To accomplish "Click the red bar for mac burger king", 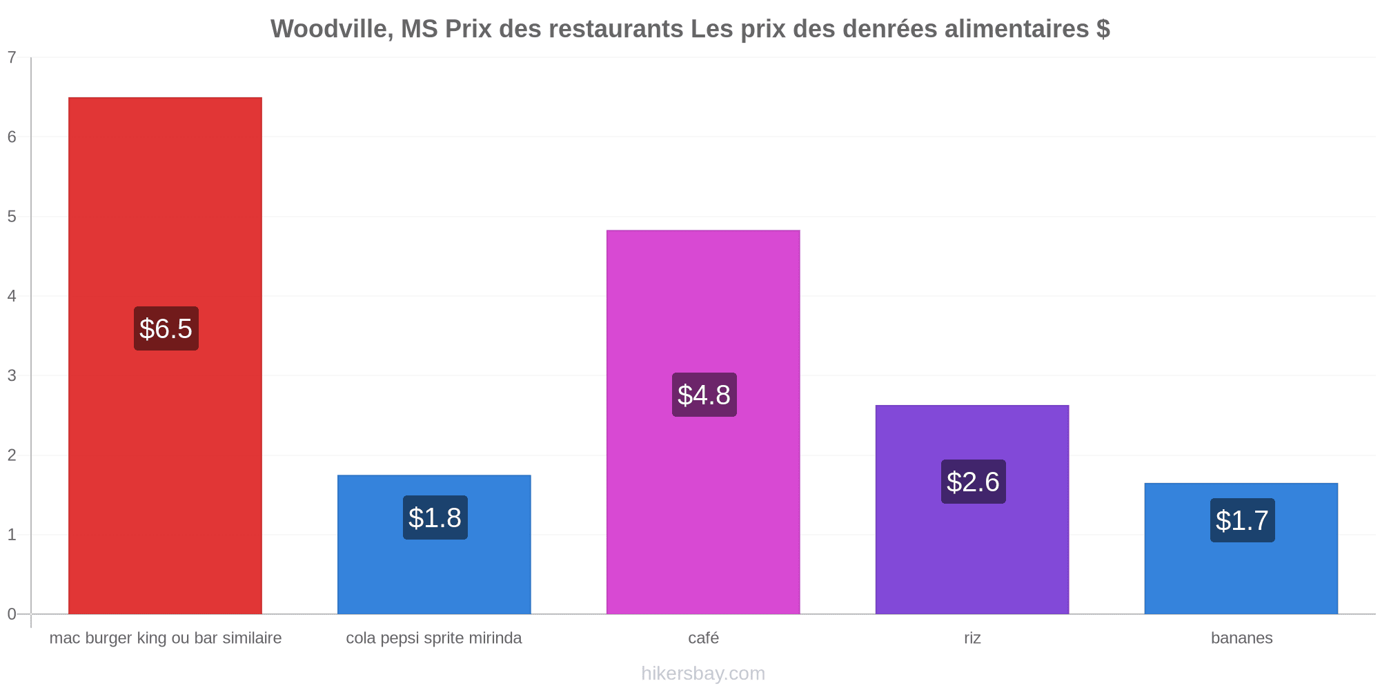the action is [x=165, y=355].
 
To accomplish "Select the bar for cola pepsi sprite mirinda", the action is [x=434, y=544].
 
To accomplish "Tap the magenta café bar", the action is [x=703, y=422].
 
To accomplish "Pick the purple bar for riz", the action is [x=972, y=509].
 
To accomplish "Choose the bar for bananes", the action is [x=1241, y=549].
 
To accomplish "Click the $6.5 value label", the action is [x=166, y=328].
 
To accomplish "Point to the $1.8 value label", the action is [x=435, y=517].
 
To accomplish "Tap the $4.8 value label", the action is [x=704, y=395].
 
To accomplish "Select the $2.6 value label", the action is [x=974, y=482].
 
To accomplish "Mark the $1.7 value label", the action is [x=1243, y=520].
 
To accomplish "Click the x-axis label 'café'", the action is [x=704, y=638].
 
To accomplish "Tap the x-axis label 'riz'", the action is [x=972, y=638].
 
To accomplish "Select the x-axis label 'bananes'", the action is [x=1242, y=638].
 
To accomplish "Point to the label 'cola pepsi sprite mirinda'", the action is [x=434, y=638].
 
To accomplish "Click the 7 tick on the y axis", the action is [x=12, y=57].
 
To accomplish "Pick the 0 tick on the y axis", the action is [x=12, y=614].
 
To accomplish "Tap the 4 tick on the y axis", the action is [x=12, y=296].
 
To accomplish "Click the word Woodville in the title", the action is [x=328, y=29].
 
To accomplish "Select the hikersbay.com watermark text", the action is [x=703, y=673].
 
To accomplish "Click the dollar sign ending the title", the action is [x=1103, y=29].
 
